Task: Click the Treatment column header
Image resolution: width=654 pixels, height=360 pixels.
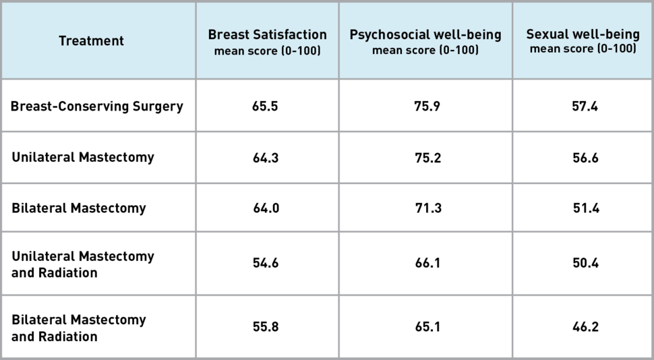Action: pyautogui.click(x=91, y=41)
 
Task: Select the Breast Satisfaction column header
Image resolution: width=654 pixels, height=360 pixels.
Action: pyautogui.click(x=267, y=41)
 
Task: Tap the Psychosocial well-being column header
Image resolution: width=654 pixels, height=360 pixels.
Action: pyautogui.click(x=425, y=41)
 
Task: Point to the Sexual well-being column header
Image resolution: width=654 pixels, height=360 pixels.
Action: pyautogui.click(x=583, y=41)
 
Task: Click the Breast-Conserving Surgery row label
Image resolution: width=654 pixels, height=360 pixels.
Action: pyautogui.click(x=97, y=107)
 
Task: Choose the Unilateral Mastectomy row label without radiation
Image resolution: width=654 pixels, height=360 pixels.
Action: pyautogui.click(x=83, y=157)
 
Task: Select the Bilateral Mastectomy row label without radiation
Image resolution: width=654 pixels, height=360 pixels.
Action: pyautogui.click(x=79, y=208)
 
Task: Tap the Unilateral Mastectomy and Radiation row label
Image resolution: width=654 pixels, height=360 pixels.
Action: pyautogui.click(x=83, y=264)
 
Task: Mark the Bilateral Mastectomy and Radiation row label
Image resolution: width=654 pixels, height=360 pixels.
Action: pyautogui.click(x=79, y=327)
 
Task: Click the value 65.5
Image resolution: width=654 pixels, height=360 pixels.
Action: pyautogui.click(x=266, y=107)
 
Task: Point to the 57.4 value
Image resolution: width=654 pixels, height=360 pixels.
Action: pyautogui.click(x=585, y=107)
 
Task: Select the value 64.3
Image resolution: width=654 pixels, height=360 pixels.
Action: pyautogui.click(x=266, y=158)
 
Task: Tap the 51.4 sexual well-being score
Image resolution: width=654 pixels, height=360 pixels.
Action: pyautogui.click(x=585, y=208)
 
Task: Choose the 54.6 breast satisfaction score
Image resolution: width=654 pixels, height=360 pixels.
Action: pyautogui.click(x=266, y=264)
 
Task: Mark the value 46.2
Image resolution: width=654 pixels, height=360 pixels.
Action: pyautogui.click(x=585, y=327)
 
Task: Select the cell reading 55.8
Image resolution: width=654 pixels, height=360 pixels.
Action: pyautogui.click(x=266, y=327)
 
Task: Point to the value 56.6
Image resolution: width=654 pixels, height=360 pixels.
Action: pyautogui.click(x=585, y=158)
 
